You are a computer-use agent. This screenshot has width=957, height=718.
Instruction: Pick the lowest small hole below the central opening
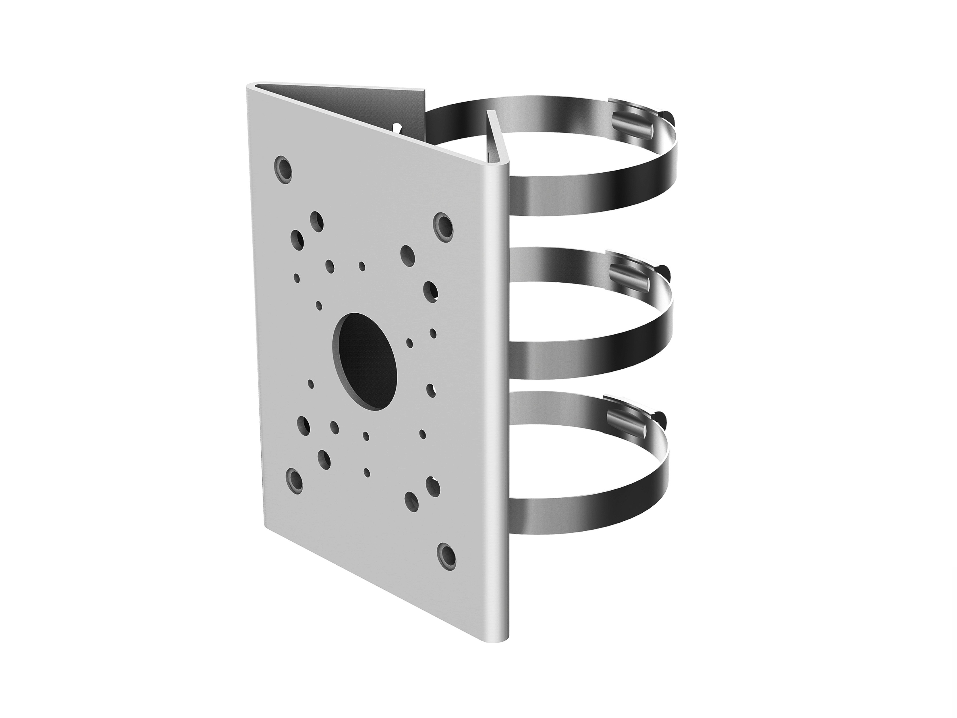(x=367, y=472)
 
